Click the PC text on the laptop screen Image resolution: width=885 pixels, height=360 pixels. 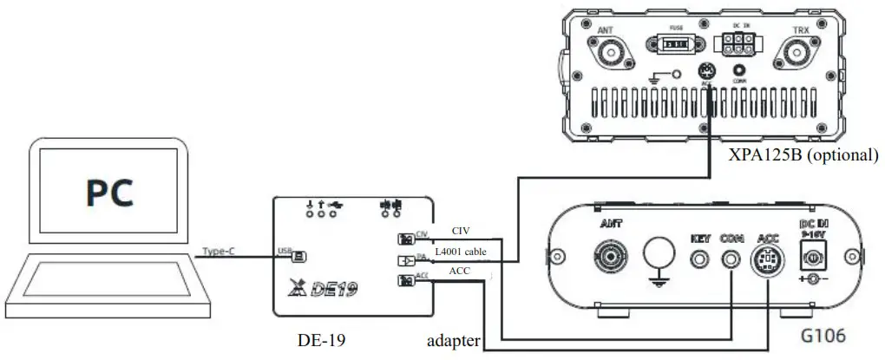(x=110, y=193)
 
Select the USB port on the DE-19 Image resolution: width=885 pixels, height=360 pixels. (x=298, y=257)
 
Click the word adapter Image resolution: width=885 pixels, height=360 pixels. (x=452, y=341)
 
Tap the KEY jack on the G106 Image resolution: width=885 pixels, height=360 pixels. (x=699, y=257)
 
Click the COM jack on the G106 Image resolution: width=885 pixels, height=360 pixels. (x=733, y=257)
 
